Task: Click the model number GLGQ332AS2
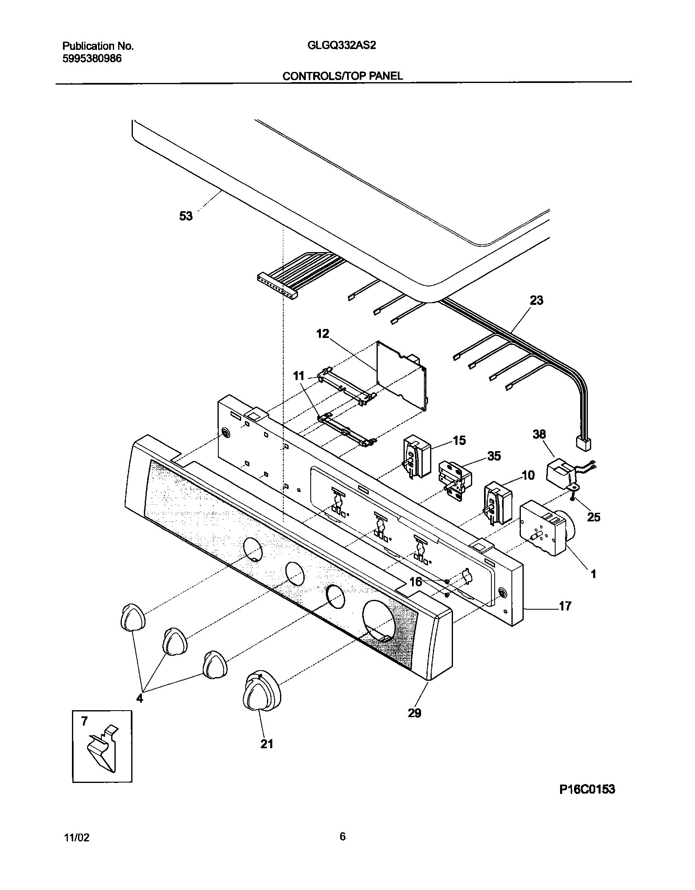tap(341, 45)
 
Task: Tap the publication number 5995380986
tap(92, 58)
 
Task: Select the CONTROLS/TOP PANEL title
tap(343, 76)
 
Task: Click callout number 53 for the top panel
tap(186, 216)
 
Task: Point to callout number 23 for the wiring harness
tap(536, 300)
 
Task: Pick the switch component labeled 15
tap(417, 456)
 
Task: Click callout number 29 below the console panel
tap(415, 713)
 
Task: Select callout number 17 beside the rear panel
tap(565, 617)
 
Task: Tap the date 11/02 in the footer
tap(76, 838)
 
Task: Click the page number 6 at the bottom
tap(343, 836)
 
